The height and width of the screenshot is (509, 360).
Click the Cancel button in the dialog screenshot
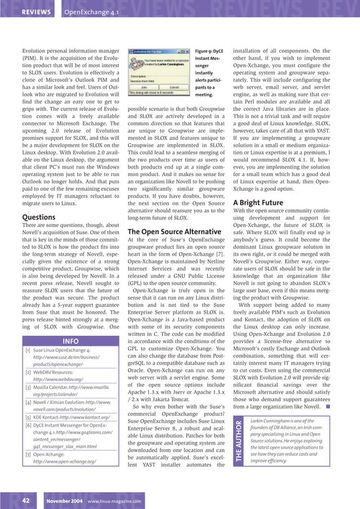point(174,88)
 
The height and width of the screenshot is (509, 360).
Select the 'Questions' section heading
point(38,217)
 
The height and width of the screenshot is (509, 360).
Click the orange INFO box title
point(71,341)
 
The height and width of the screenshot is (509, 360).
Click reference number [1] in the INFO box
point(28,350)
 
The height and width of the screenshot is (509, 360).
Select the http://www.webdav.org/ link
point(58,380)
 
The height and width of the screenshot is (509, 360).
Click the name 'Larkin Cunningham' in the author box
point(270,421)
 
